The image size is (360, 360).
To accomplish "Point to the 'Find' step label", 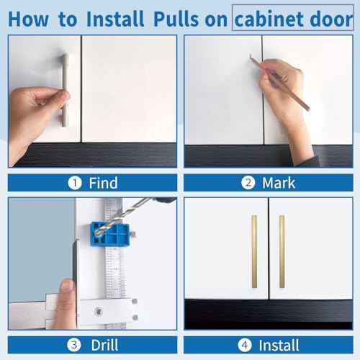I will tap(102, 183).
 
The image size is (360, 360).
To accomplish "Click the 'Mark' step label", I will tap(278, 183).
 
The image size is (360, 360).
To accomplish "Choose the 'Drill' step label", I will tap(104, 345).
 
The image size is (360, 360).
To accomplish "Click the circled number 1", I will tap(75, 183).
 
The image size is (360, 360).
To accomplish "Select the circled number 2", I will tap(249, 183).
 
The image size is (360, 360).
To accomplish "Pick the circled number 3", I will tap(76, 345).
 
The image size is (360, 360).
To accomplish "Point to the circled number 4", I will tap(249, 345).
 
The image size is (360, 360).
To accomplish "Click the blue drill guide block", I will tap(109, 234).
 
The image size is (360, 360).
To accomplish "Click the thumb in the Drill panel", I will tap(66, 288).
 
